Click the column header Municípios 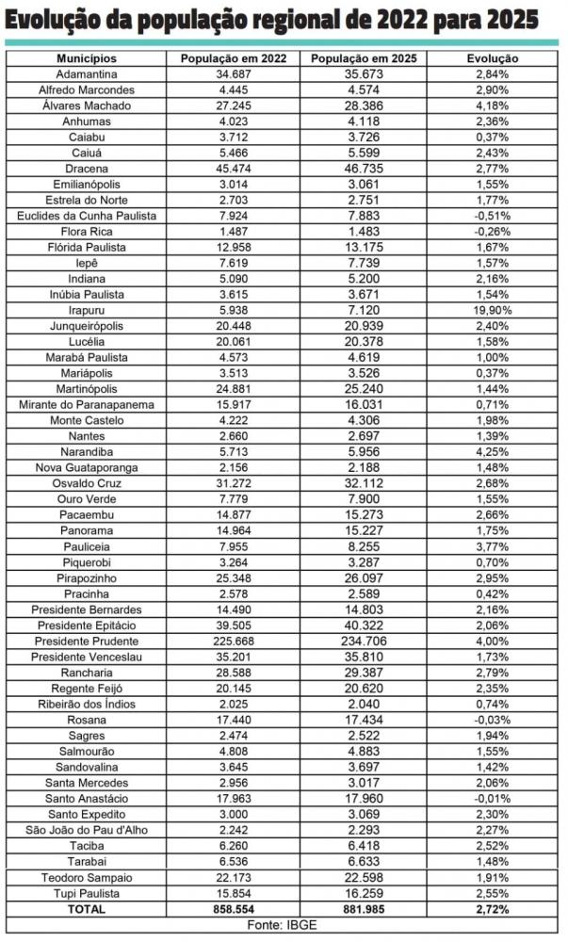click(x=86, y=57)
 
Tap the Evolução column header click(x=493, y=57)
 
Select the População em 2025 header click(x=362, y=57)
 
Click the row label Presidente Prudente click(x=86, y=642)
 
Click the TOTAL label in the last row click(x=86, y=910)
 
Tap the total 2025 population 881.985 click(x=362, y=910)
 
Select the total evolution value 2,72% click(x=493, y=910)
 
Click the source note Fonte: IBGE click(x=284, y=926)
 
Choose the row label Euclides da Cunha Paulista click(x=86, y=216)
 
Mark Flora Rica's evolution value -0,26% click(x=493, y=231)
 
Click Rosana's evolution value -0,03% click(x=493, y=721)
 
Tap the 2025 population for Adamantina click(x=362, y=73)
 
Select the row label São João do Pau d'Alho click(x=86, y=831)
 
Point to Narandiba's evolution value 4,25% click(x=493, y=452)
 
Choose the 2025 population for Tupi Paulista click(x=362, y=894)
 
